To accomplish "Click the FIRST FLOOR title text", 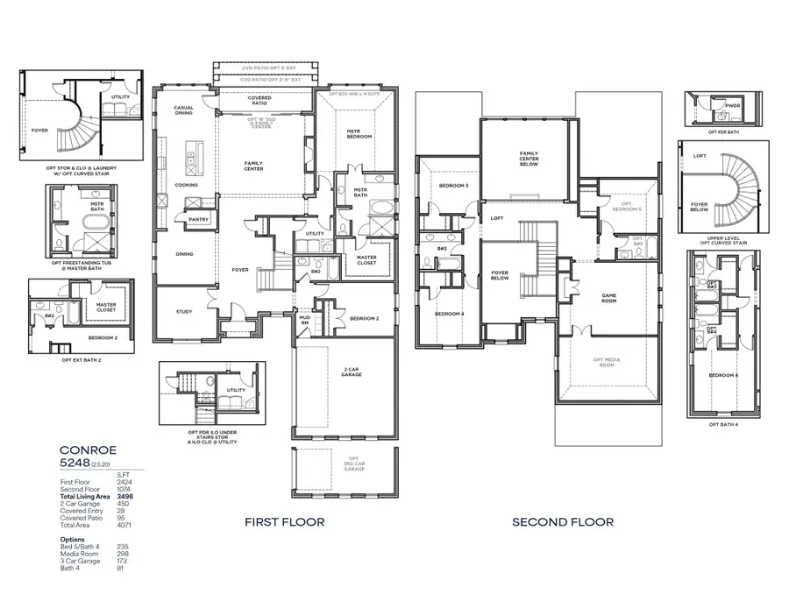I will click(x=285, y=522).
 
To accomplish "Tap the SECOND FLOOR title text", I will click(x=563, y=522).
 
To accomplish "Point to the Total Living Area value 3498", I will click(x=127, y=496).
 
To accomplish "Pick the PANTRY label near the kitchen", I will click(x=198, y=220).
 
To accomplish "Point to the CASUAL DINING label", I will click(x=183, y=110).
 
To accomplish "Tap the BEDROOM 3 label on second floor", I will click(x=454, y=186).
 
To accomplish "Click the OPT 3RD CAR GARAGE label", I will click(x=353, y=464).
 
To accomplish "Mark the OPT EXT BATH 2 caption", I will click(x=81, y=359).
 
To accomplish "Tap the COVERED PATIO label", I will click(x=259, y=101).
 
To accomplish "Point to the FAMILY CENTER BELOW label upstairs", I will click(x=528, y=159).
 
